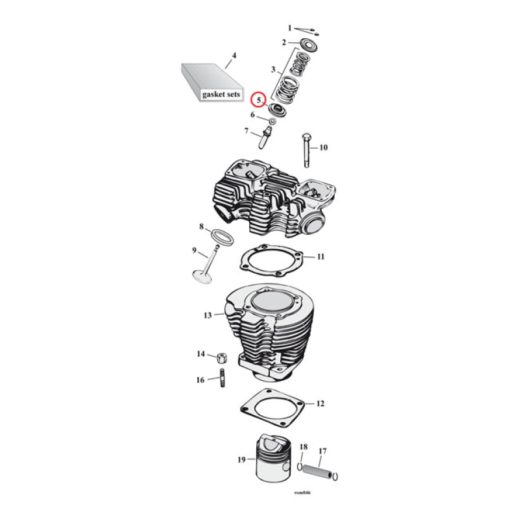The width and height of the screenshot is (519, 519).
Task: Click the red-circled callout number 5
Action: pyautogui.click(x=259, y=100)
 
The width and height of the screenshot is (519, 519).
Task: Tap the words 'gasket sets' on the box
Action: pyautogui.click(x=221, y=93)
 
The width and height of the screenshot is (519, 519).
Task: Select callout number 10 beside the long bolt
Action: pyautogui.click(x=323, y=148)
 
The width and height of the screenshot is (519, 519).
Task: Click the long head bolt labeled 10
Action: pyautogui.click(x=306, y=149)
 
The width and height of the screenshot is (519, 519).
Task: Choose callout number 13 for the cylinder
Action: pyautogui.click(x=208, y=315)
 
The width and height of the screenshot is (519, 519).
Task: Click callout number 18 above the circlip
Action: pyautogui.click(x=303, y=447)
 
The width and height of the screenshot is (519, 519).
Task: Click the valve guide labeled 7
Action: pyautogui.click(x=265, y=138)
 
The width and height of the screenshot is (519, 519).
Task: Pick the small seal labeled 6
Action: pyautogui.click(x=273, y=121)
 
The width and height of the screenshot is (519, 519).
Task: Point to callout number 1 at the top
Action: pyautogui.click(x=290, y=28)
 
